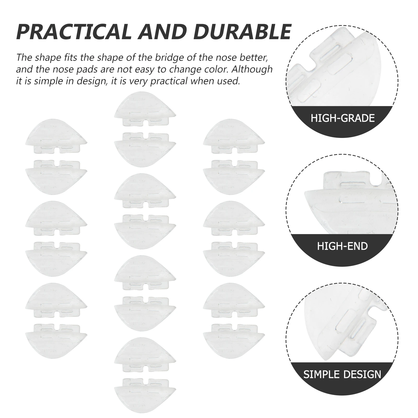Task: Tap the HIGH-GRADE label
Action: (x=342, y=118)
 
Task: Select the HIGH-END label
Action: (x=342, y=246)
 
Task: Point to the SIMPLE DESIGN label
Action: (x=342, y=374)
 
